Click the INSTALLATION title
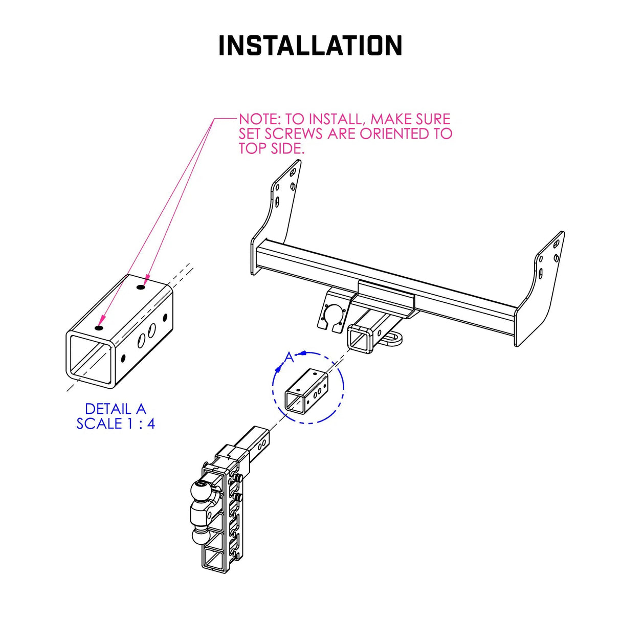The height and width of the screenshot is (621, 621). coord(310,46)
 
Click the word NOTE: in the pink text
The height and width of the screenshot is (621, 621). coord(260,119)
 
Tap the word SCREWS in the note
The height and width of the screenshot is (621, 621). coord(294,134)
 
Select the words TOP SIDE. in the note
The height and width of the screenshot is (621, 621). coord(271,149)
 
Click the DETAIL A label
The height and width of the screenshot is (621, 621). coord(115,409)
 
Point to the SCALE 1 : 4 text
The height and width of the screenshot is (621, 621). coord(115,424)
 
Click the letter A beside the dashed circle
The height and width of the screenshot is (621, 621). coord(290,357)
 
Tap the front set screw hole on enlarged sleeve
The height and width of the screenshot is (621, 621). coord(99,327)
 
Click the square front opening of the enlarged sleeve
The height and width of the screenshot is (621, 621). coord(90,357)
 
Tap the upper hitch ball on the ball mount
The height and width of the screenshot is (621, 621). coord(200,494)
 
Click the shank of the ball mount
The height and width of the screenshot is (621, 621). coord(256,442)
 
